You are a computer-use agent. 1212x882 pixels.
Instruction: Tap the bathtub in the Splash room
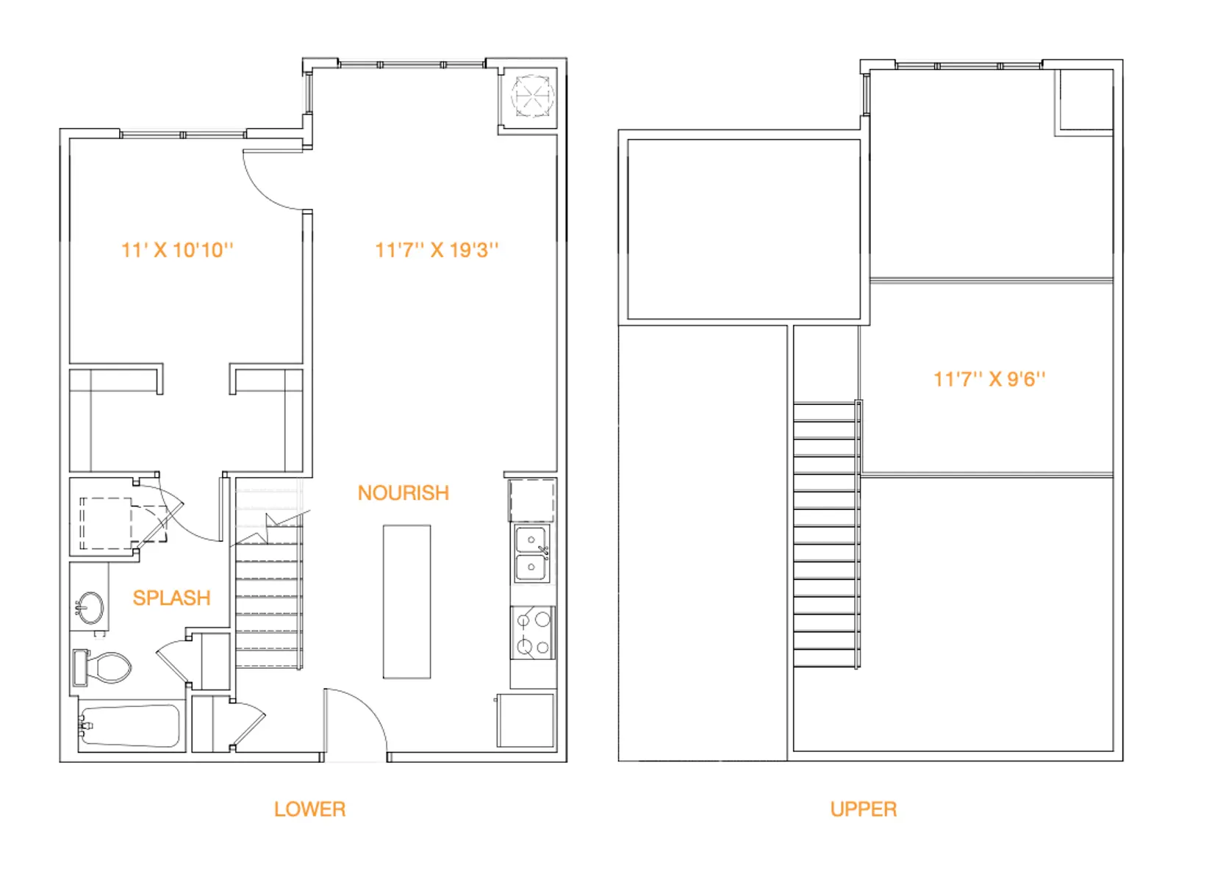click(130, 727)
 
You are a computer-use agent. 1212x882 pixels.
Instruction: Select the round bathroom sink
click(91, 609)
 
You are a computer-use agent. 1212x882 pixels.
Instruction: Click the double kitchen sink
click(531, 554)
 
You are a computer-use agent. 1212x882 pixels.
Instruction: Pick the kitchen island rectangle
click(406, 601)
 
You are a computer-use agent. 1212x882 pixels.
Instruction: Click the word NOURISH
click(403, 493)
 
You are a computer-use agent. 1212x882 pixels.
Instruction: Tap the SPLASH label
click(171, 598)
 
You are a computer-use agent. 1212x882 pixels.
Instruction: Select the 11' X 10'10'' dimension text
click(177, 251)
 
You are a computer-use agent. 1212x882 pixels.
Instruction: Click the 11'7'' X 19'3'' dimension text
click(437, 251)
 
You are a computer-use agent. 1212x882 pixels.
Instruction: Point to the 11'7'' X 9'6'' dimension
click(989, 379)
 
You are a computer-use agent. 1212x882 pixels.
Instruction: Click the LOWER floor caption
click(309, 809)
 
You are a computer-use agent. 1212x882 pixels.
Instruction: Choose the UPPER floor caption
click(863, 809)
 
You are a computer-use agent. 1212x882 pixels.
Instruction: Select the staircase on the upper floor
click(826, 534)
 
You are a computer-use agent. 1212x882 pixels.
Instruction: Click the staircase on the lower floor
click(268, 595)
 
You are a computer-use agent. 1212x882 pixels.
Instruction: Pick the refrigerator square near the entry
click(526, 720)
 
